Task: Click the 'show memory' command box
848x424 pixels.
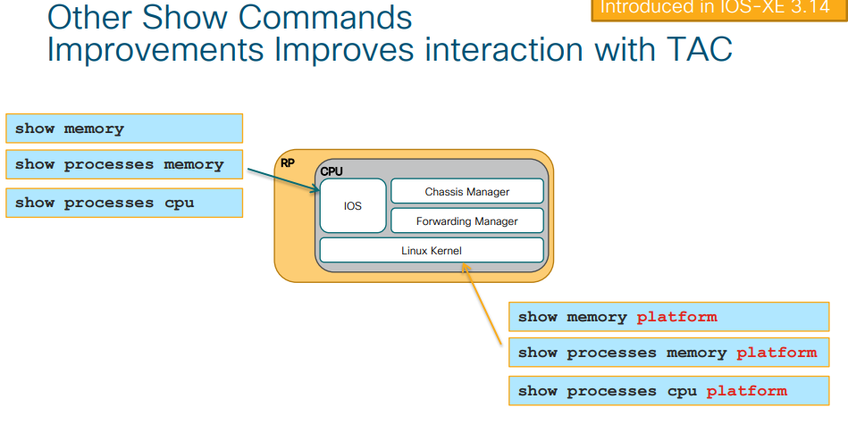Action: [124, 129]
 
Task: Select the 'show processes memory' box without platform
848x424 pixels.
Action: [124, 164]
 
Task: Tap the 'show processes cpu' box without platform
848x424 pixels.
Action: [124, 203]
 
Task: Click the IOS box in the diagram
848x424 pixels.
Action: [353, 206]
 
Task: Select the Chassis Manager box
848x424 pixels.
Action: [467, 191]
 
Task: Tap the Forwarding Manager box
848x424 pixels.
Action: [467, 221]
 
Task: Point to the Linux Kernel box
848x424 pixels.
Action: [432, 251]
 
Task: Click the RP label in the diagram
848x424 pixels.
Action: [288, 163]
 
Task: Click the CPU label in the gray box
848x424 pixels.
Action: [332, 170]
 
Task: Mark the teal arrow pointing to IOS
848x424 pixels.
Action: [296, 174]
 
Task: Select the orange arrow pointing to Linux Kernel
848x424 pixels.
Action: [483, 308]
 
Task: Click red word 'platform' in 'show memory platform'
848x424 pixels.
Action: [676, 317]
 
